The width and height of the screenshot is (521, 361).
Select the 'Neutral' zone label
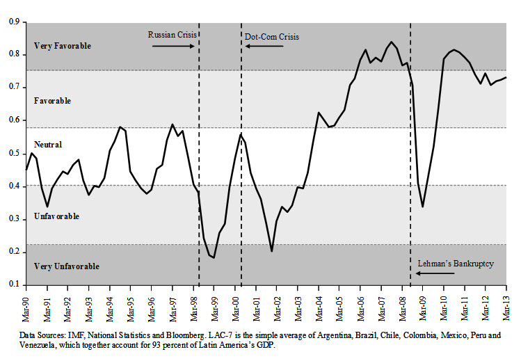[x=47, y=145]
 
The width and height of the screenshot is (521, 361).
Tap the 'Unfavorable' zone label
[x=56, y=216]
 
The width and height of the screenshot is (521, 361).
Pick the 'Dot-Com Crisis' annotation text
[x=272, y=36]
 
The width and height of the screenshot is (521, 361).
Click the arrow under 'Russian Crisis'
[x=172, y=46]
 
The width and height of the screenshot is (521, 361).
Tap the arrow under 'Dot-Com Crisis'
[x=264, y=46]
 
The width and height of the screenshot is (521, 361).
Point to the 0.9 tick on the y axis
[x=13, y=22]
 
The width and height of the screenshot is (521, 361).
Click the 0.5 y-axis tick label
[x=13, y=153]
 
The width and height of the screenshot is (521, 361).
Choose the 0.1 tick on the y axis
[x=13, y=284]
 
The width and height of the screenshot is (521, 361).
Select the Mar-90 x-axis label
[x=26, y=305]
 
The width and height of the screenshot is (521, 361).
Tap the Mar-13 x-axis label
[x=506, y=305]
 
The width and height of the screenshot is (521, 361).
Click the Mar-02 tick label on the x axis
[x=277, y=305]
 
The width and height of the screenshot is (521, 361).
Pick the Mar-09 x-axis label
[x=423, y=305]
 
